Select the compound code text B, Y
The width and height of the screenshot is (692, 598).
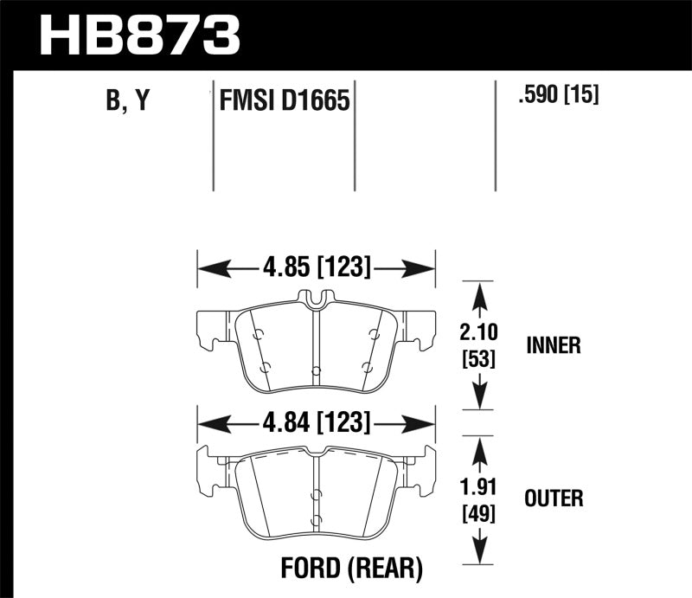(128, 101)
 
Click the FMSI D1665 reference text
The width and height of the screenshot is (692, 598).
(284, 102)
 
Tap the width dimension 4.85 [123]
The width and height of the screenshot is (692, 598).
(315, 269)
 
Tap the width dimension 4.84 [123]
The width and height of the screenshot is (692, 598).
(315, 423)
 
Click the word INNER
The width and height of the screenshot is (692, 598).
(553, 346)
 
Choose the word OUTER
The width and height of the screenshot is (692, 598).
(554, 498)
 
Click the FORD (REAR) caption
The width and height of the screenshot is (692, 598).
(351, 569)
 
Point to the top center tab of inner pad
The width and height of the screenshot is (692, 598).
(316, 298)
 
